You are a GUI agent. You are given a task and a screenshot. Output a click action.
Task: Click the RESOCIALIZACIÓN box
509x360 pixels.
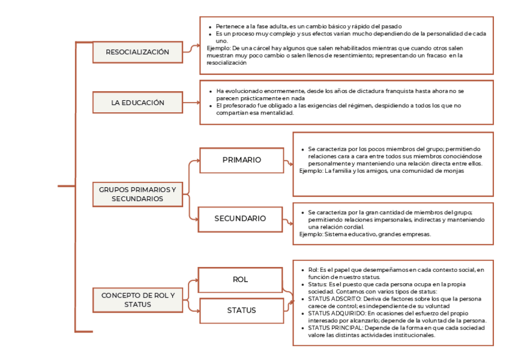pyautogui.click(x=137, y=52)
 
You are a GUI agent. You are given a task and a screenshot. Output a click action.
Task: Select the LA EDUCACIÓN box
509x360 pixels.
pyautogui.click(x=137, y=103)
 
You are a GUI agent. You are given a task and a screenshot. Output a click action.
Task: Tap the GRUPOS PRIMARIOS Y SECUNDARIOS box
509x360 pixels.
pyautogui.click(x=137, y=194)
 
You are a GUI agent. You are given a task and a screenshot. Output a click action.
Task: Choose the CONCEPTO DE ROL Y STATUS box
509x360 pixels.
pyautogui.click(x=137, y=300)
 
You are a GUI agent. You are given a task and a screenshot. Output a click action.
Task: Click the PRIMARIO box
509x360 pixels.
pyautogui.click(x=241, y=160)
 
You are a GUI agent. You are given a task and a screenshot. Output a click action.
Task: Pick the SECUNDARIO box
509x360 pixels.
pyautogui.click(x=240, y=219)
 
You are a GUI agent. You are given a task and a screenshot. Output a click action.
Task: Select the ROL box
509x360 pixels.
pyautogui.click(x=240, y=280)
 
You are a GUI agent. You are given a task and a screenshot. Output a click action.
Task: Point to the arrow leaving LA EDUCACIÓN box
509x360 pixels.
pyautogui.click(x=191, y=103)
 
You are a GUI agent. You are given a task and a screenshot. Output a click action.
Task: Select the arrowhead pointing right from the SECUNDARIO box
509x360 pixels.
pyautogui.click(x=291, y=223)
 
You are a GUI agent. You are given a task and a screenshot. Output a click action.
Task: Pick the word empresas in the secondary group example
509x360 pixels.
pyautogui.click(x=418, y=235)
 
